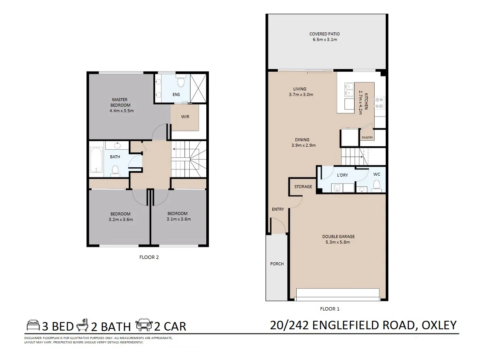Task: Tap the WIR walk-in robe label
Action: [x=185, y=116]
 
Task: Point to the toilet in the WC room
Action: [x=376, y=184]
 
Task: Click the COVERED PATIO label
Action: [x=324, y=34]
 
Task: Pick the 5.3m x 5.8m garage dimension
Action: [x=338, y=242]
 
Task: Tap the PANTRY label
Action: [x=367, y=138]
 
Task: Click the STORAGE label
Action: [x=303, y=187]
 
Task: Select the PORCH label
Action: [x=277, y=264]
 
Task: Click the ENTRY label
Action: [x=278, y=209]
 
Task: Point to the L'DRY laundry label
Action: [x=342, y=175]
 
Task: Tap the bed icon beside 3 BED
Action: [x=33, y=325]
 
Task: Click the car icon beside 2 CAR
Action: [x=144, y=325]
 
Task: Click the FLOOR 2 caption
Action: [x=149, y=257]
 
